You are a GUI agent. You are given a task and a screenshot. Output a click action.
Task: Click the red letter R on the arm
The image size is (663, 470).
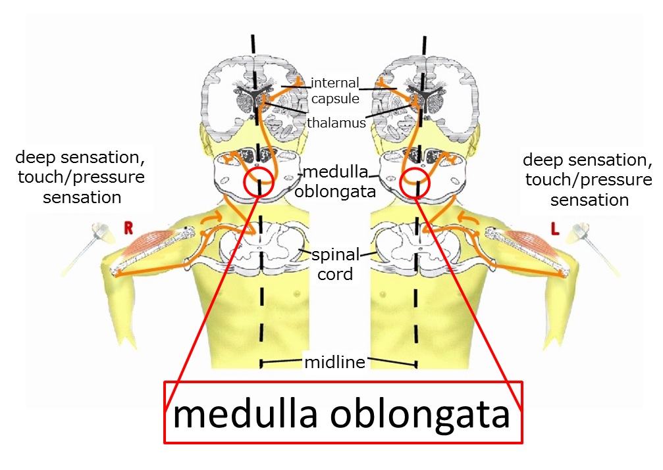(128, 228)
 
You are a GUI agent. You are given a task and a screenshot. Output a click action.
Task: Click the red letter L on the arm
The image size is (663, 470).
(555, 229)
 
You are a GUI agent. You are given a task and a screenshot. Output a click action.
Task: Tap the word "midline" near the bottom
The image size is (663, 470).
(334, 362)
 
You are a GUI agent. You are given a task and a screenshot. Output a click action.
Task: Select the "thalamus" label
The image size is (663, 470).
(336, 123)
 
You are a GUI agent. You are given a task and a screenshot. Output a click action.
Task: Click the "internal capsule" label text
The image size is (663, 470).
(335, 90)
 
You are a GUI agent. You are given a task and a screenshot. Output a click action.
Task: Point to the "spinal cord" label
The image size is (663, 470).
(335, 264)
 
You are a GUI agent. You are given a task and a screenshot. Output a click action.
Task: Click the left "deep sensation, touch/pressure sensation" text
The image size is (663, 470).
(80, 177)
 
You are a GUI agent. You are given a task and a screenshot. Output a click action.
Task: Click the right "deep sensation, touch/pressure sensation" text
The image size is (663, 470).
(588, 180)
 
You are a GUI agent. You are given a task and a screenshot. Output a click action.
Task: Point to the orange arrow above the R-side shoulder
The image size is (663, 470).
(211, 217)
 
